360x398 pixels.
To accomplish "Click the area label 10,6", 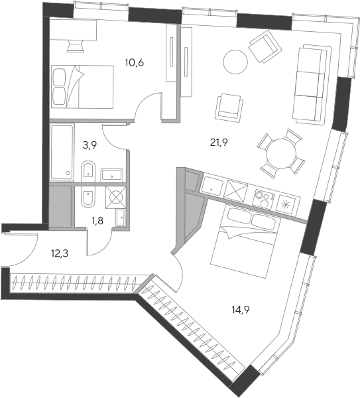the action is coord(135,62).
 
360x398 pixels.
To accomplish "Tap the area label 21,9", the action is coord(219,143).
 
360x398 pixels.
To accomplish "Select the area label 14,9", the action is coord(241,310).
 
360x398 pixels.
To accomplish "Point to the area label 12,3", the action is coord(60,253).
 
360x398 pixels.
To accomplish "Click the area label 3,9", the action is coord(90,145).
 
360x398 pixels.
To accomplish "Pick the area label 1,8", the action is coord(97,221).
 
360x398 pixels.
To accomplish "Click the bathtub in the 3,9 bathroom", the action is coord(62,153).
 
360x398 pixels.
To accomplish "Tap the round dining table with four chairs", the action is coord(281,153).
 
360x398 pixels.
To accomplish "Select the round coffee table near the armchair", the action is coord(235,62).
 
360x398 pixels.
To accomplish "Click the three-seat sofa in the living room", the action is coord(312,84).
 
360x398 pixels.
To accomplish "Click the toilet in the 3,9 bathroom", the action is coord(88,170).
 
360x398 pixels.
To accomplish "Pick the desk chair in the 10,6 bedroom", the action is coord(76,46).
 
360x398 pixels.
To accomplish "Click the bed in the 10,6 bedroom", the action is coord(82,87).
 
